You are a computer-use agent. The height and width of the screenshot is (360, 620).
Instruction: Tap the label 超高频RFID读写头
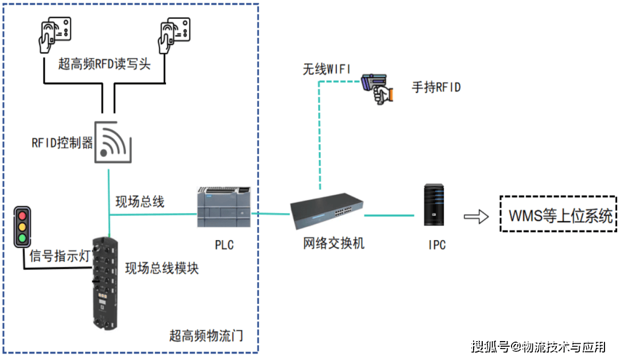pos(104,64)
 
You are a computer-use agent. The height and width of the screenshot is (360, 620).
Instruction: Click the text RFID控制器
pos(62,143)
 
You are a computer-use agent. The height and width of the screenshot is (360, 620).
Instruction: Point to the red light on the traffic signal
pos(23,216)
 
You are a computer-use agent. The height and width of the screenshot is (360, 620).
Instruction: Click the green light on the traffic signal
pos(23,238)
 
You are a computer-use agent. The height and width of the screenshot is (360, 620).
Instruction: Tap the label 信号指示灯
pos(60,256)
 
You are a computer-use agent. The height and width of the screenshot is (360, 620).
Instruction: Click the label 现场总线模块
pos(162,268)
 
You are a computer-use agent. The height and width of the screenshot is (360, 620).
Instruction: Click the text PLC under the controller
pos(224,245)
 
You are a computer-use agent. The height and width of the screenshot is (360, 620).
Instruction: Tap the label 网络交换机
pos(333,243)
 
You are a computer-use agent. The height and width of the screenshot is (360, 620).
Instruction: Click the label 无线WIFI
pos(326,69)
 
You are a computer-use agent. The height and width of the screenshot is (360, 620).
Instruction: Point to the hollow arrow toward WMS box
pos(476,216)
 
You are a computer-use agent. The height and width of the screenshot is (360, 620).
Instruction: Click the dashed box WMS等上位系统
pos(559,214)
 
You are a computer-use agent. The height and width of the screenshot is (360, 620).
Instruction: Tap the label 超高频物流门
pos(206,335)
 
